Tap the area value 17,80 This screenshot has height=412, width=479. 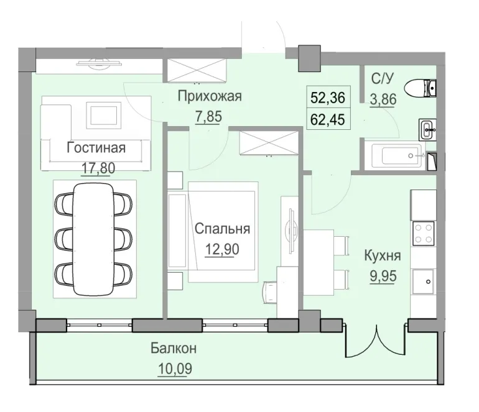96,167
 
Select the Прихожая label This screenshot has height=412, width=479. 209,96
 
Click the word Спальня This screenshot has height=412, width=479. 223,229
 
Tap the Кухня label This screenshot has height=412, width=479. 383,255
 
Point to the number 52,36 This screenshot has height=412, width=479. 330,97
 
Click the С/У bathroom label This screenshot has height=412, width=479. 383,78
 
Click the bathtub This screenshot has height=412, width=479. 396,155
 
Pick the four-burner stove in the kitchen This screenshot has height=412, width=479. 424,234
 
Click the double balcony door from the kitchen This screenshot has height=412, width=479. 376,340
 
